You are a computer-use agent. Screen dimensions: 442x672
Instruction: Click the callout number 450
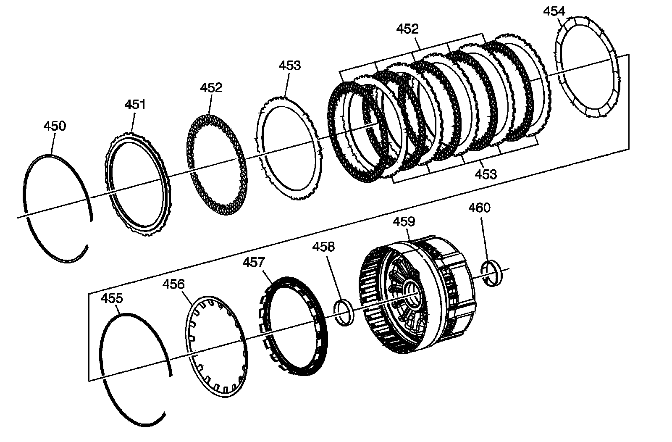55,126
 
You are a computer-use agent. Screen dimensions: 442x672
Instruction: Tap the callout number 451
135,104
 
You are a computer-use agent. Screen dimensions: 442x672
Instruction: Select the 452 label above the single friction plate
211,87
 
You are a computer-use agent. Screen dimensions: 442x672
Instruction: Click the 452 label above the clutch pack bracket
407,29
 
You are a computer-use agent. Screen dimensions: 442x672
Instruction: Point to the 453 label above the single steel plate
290,66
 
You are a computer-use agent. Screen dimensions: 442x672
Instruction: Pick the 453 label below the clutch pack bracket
486,174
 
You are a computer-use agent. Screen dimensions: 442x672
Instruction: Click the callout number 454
554,11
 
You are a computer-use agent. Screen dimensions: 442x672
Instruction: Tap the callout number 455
112,298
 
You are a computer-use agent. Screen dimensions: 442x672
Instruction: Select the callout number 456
173,284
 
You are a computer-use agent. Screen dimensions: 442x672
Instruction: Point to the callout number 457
254,262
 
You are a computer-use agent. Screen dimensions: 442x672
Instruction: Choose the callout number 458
323,247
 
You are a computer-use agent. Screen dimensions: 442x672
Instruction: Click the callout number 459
404,221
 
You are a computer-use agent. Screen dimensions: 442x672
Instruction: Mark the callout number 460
479,208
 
